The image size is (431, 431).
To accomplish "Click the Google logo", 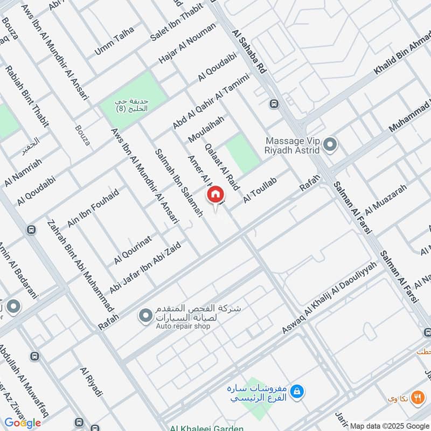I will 23,422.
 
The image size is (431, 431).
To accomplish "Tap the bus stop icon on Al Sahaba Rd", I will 275,103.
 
